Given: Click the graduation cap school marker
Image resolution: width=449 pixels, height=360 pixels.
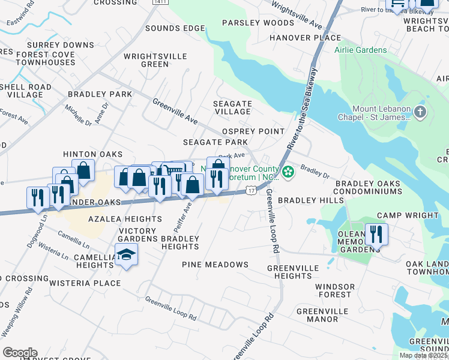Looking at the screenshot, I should pos(126,254).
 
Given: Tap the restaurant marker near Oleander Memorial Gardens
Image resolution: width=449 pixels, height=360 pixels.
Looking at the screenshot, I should pos(376,233).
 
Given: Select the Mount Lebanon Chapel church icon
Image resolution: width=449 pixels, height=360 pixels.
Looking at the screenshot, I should pos(420,112).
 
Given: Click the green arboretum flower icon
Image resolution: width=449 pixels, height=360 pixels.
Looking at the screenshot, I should pos(289,172).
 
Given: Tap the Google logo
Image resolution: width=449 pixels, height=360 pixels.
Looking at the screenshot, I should pos(20,353).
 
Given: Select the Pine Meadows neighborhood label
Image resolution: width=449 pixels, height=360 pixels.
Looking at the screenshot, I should pos(215,265).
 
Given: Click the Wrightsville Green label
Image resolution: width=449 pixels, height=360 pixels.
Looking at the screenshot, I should pos(146,60).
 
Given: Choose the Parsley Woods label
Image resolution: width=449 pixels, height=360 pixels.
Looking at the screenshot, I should pos(258,23).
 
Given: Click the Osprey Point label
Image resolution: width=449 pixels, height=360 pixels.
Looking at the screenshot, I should pos(253,131).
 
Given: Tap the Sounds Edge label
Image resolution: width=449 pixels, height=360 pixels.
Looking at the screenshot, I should pos(166,29).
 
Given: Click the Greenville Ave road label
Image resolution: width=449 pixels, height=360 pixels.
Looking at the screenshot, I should pos(175,111).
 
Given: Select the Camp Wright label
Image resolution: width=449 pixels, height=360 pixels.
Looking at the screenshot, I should pos(408,215).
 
